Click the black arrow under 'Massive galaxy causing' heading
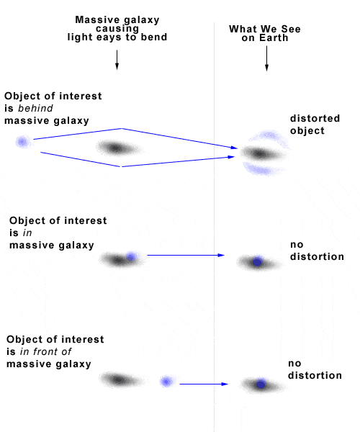(117, 60)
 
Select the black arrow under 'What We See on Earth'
(266, 58)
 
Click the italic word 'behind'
(35, 108)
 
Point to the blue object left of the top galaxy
(22, 142)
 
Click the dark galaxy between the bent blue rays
(118, 148)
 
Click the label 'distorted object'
(315, 125)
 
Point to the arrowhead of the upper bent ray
(234, 148)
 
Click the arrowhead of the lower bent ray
(231, 157)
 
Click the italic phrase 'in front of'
(45, 351)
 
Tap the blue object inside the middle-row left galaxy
(131, 257)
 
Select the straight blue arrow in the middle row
(186, 255)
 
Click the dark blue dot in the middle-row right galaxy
(257, 262)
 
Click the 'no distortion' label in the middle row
(317, 251)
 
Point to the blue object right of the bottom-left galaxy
(166, 382)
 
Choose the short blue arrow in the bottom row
(204, 384)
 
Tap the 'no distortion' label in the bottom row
(315, 369)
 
